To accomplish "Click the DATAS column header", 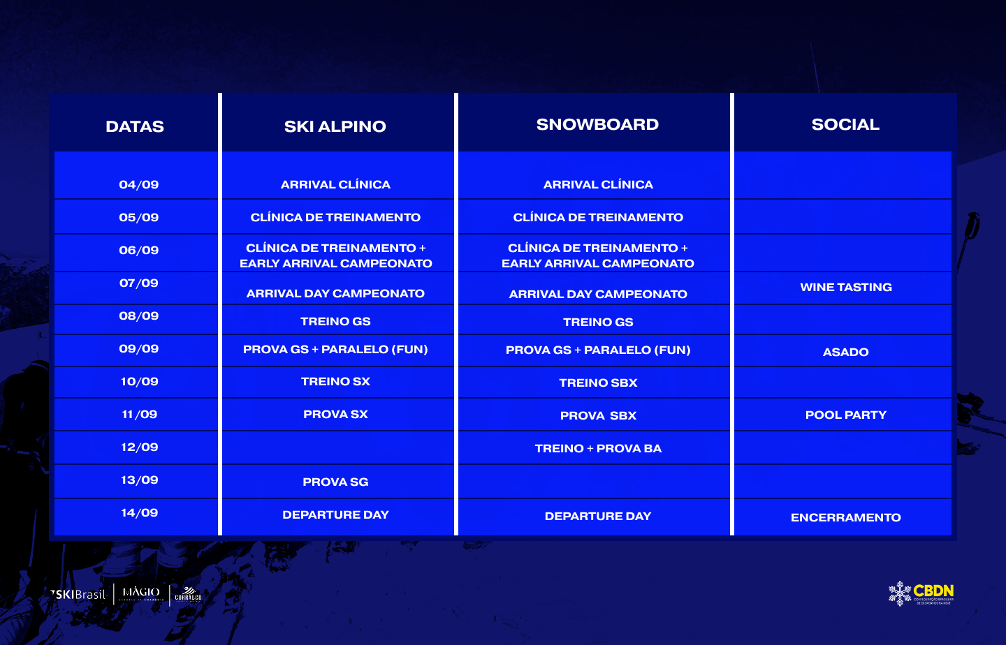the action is click(135, 126).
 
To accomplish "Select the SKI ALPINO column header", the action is click(335, 126).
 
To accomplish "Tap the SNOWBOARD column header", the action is click(597, 124).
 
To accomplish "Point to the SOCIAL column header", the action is click(845, 124).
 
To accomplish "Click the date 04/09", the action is click(139, 184).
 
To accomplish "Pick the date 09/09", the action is click(139, 349).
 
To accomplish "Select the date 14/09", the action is click(139, 513).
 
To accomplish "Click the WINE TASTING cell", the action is click(845, 288).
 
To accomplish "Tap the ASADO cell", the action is click(845, 352).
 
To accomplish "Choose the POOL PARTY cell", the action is click(845, 415).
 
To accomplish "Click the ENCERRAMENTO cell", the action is click(845, 517).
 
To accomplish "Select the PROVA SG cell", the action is click(335, 482).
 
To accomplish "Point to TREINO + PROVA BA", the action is click(598, 448).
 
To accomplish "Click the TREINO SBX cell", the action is click(598, 383).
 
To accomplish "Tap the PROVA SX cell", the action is click(335, 414).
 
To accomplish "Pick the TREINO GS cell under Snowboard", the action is click(598, 322).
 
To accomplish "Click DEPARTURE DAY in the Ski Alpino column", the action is click(335, 515).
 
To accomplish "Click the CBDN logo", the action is click(921, 593).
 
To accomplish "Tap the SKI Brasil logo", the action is click(78, 595).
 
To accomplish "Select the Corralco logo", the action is click(188, 595).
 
